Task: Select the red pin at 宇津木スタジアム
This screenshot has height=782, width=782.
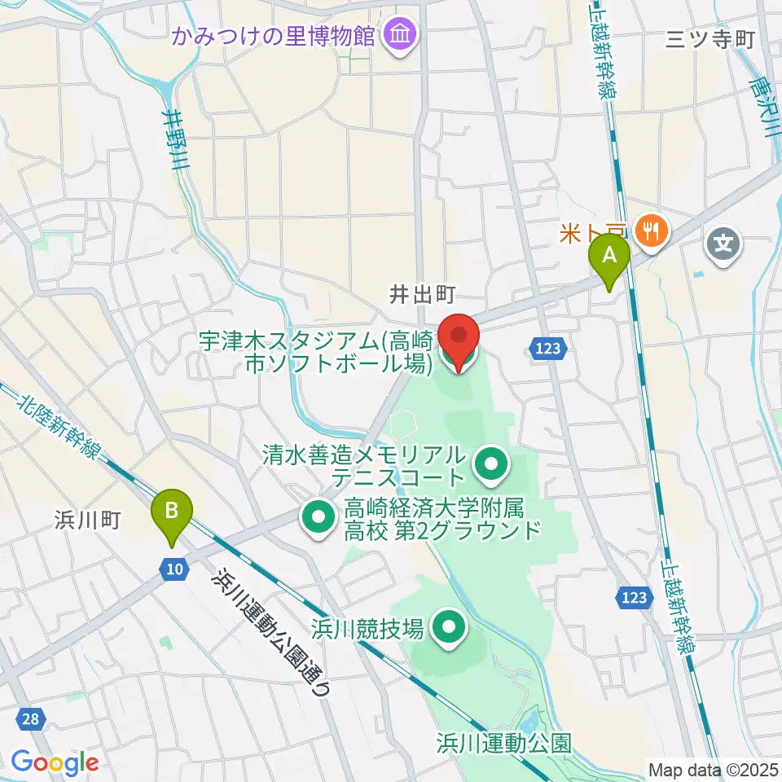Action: coord(459,341)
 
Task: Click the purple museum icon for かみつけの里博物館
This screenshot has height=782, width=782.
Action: coord(402,35)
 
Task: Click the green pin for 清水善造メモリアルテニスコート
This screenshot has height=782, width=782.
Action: coord(491,466)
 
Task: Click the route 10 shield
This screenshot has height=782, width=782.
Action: coord(173,569)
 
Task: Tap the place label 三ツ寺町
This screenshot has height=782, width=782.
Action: coord(710,40)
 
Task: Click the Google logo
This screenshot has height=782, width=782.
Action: coord(55,762)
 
